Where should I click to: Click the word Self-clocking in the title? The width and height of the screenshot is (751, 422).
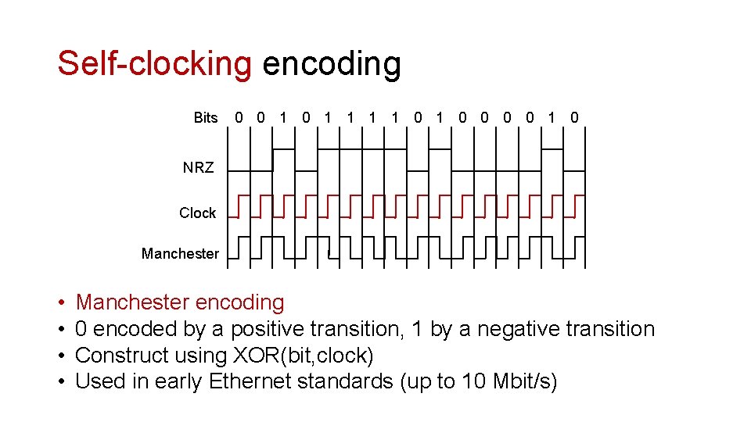[154, 63]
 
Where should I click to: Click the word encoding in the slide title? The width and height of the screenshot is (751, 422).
[332, 63]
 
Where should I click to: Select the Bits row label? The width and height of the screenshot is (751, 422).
[206, 118]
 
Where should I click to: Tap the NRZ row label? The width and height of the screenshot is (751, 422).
[198, 167]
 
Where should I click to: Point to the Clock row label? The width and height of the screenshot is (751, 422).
[197, 213]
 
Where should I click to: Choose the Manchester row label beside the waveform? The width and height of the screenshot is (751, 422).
[180, 253]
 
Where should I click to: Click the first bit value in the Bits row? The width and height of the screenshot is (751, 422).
[239, 118]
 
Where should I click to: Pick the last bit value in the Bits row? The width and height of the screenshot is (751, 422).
[575, 118]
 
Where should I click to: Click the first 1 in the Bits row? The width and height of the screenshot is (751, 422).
[283, 118]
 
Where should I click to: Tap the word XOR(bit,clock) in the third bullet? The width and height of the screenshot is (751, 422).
[304, 356]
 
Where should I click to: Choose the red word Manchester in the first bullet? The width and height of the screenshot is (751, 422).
[133, 302]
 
